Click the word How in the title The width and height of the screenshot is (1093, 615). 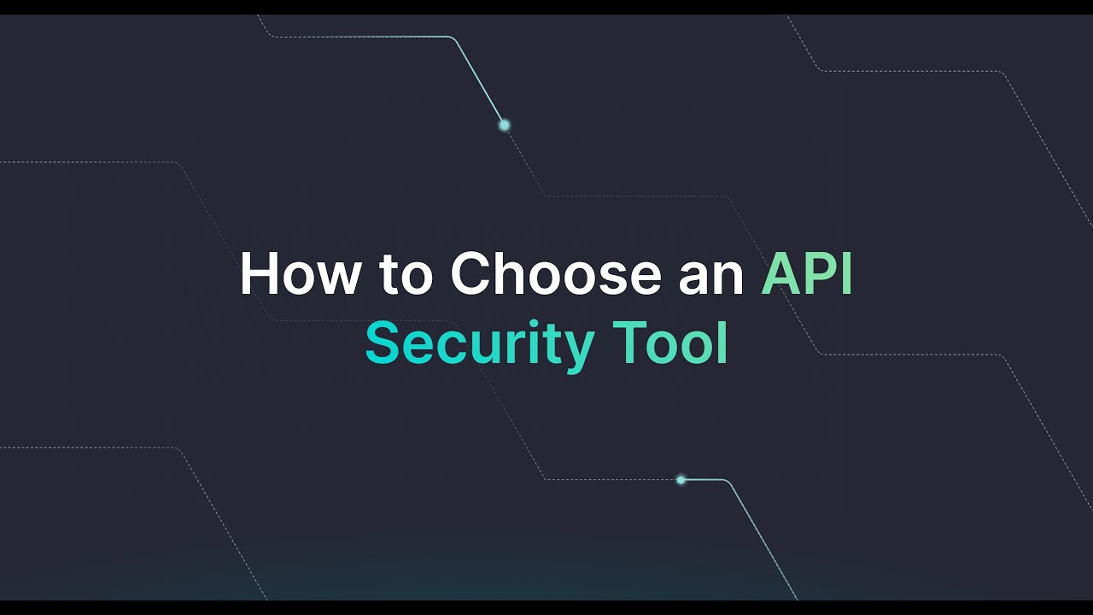[300, 275]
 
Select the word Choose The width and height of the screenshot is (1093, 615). [556, 275]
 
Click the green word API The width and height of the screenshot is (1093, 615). [807, 275]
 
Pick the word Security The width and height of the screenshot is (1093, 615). [479, 343]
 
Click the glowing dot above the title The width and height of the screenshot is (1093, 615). [505, 125]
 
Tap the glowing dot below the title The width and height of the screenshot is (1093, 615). [681, 480]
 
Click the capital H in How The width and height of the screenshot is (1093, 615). [258, 275]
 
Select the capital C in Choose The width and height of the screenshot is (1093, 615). [471, 275]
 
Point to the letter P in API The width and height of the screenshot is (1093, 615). [816, 275]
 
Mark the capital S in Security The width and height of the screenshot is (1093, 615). [383, 343]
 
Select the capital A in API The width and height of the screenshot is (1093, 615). [780, 275]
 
